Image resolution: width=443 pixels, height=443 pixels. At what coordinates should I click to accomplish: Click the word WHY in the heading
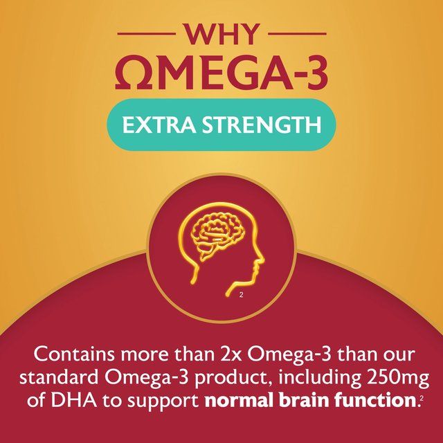pyautogui.click(x=221, y=33)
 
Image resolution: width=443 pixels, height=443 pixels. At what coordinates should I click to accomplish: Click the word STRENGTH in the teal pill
pyautogui.click(x=261, y=125)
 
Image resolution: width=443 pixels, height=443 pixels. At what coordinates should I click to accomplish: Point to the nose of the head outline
pyautogui.click(x=262, y=264)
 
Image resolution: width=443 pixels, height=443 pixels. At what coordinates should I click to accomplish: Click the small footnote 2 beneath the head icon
pyautogui.click(x=241, y=296)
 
